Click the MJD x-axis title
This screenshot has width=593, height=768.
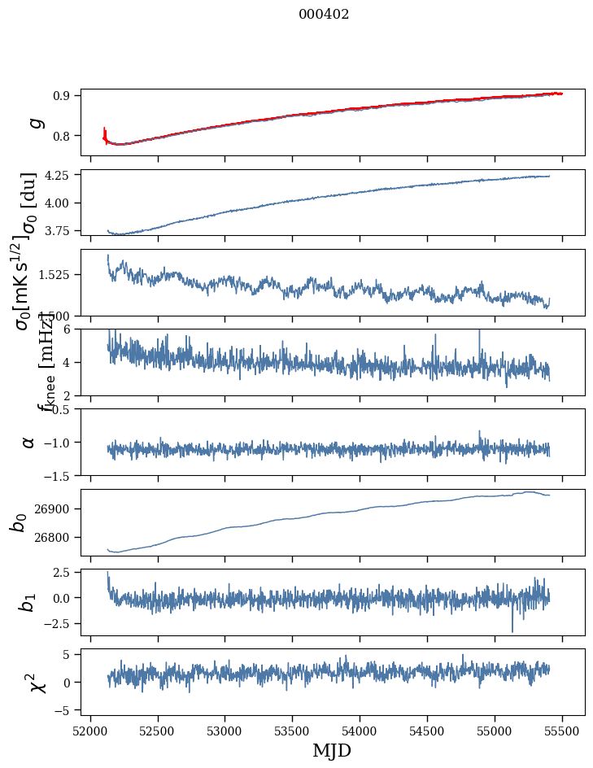click(332, 750)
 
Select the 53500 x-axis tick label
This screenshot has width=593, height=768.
click(292, 731)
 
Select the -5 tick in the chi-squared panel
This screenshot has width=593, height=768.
click(62, 710)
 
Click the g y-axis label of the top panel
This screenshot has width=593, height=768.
click(33, 123)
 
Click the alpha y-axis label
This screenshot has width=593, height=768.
click(28, 442)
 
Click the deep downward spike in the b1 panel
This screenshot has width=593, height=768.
click(512, 630)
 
